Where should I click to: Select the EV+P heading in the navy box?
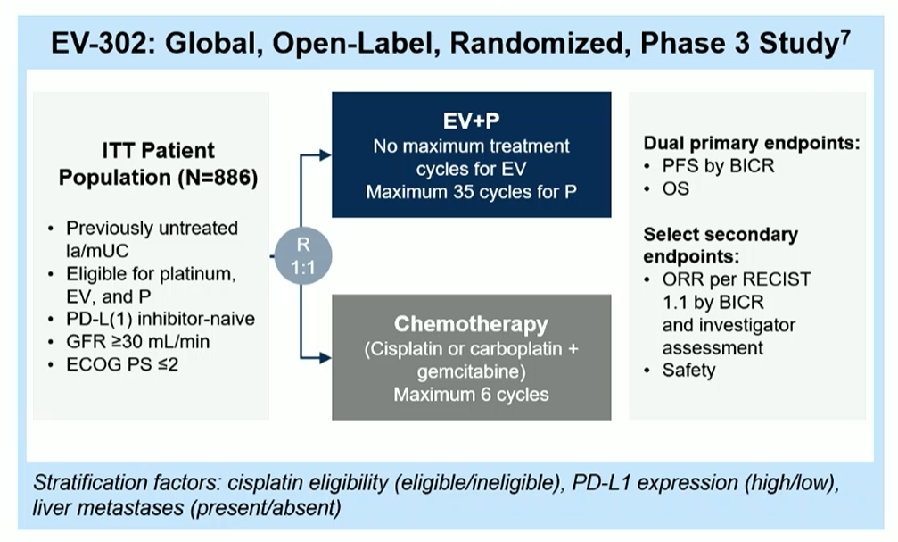click(x=471, y=121)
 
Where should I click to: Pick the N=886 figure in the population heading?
click(x=218, y=178)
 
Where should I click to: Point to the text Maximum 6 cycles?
click(x=471, y=392)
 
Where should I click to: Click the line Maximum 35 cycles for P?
click(x=471, y=190)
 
